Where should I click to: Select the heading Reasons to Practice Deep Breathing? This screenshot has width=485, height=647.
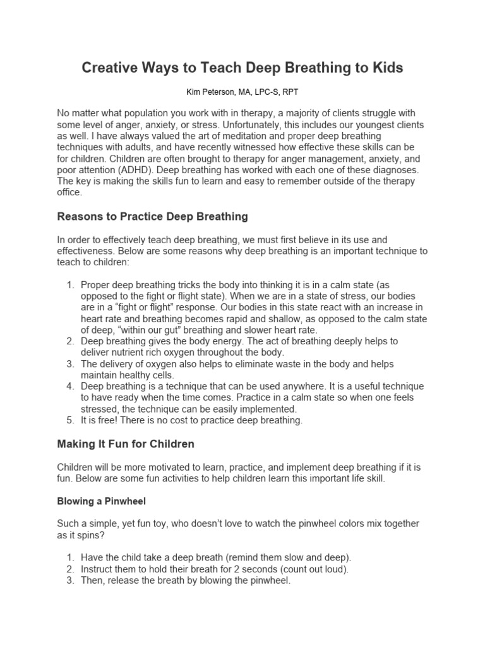click(152, 217)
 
